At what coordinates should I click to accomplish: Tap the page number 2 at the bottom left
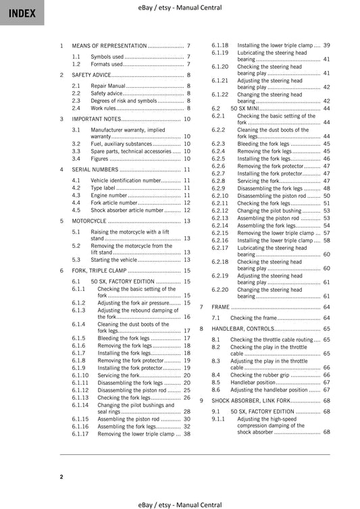click(x=61, y=477)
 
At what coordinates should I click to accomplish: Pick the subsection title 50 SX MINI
click(x=247, y=108)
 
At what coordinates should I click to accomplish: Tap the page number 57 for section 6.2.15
click(x=326, y=232)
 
